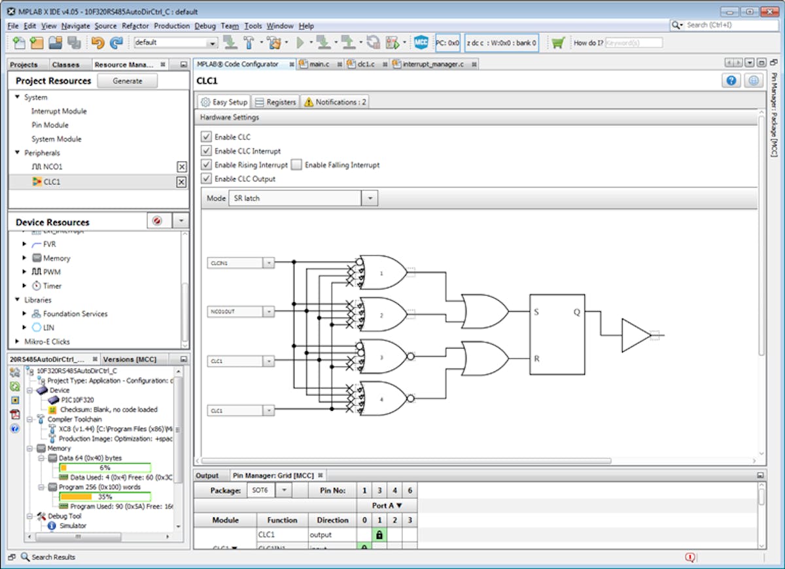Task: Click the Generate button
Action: (x=128, y=81)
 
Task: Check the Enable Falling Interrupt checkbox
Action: (x=297, y=165)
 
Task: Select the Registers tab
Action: (x=275, y=102)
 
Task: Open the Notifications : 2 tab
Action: (x=335, y=102)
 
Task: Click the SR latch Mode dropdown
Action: (x=302, y=198)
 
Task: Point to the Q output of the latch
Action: (x=576, y=312)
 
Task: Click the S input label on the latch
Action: (x=536, y=312)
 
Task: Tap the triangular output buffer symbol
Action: (x=635, y=335)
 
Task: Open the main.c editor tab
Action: (x=318, y=64)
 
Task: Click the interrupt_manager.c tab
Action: (x=432, y=64)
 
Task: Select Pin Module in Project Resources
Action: (x=50, y=125)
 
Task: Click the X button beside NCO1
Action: (x=182, y=167)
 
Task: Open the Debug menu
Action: (x=205, y=26)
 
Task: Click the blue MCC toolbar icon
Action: (x=421, y=43)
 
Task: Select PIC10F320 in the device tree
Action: (x=78, y=400)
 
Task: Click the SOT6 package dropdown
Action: (x=268, y=490)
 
